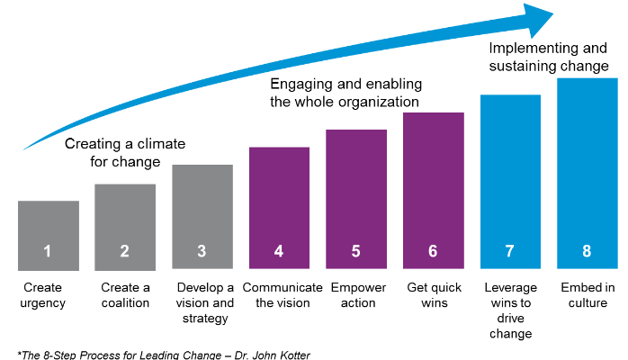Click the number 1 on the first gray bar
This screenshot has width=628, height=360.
coord(48,251)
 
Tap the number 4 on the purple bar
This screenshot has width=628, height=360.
coord(279,251)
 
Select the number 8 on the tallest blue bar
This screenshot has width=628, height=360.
coord(587,251)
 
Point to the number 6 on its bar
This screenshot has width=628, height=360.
coord(433,251)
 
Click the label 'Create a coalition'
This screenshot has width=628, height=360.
coord(125,295)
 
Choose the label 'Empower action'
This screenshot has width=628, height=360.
coord(355,295)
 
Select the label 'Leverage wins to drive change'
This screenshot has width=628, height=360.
coord(510,310)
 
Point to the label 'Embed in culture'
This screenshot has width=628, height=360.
coord(586,295)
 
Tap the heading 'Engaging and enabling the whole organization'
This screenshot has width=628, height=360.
coord(345,93)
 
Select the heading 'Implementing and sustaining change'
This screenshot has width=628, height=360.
coord(548,57)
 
